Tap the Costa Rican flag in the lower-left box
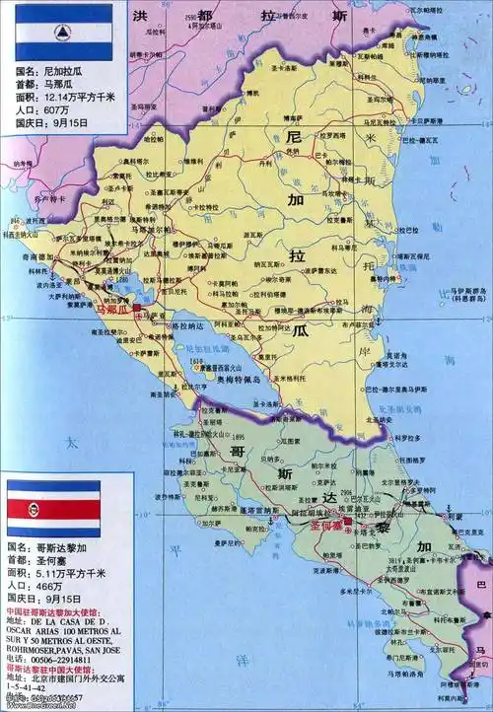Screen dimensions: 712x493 pos(53,509)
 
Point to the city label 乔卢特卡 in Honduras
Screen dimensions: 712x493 pos(21,199)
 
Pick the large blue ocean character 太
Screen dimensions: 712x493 pos(70,445)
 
